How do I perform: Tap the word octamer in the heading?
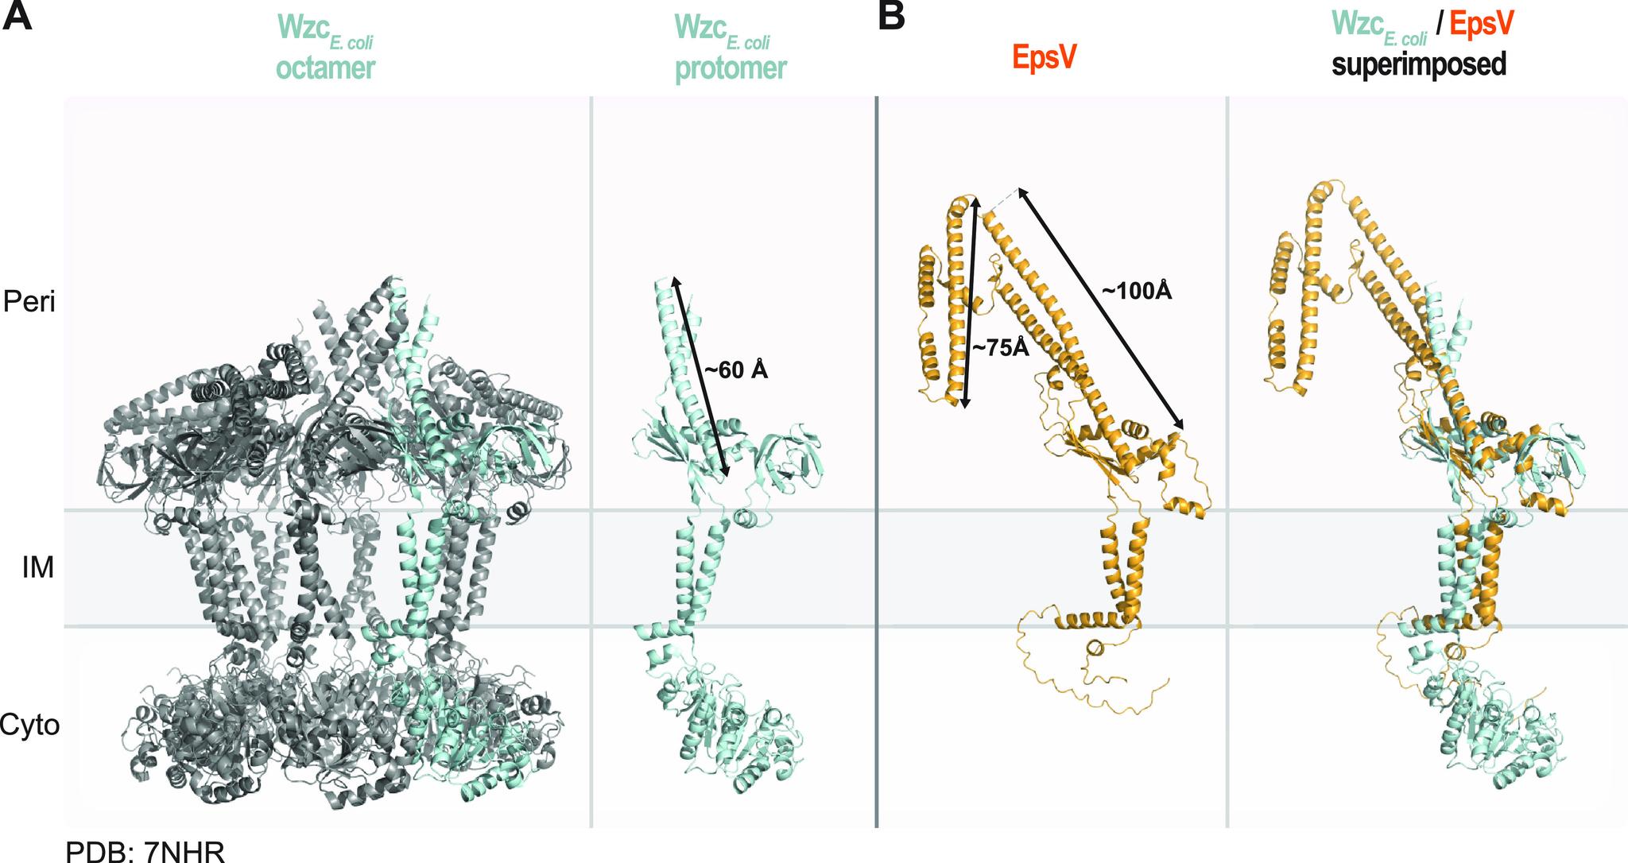[x=325, y=68]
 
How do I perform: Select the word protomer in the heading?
[x=731, y=68]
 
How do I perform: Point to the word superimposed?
[x=1420, y=64]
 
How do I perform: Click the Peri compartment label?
[x=30, y=301]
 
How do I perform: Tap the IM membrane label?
[x=37, y=567]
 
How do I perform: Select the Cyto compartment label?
[x=30, y=725]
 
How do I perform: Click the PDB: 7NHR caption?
[x=146, y=851]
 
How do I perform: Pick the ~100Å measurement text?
[x=1137, y=292]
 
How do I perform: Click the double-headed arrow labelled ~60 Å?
[x=700, y=378]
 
